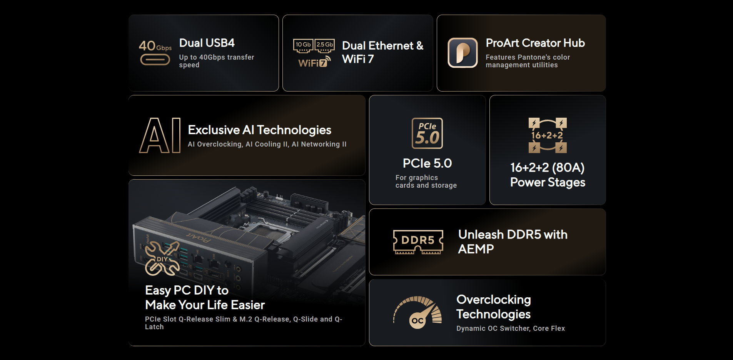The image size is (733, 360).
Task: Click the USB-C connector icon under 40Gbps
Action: (155, 60)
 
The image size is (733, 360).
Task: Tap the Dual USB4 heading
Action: (207, 43)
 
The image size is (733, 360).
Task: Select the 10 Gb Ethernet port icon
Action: (303, 46)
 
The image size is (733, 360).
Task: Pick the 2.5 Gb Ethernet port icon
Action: (325, 46)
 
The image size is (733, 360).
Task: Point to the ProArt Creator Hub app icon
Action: (463, 53)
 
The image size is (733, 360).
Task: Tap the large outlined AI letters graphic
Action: (160, 135)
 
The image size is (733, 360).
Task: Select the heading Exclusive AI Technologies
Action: (260, 130)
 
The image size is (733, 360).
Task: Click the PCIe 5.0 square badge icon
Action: (427, 133)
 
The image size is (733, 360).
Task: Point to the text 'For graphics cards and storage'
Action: (426, 182)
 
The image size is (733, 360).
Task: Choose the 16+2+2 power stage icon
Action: (548, 135)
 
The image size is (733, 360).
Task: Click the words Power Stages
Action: (548, 182)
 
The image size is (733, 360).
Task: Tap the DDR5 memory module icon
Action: (418, 242)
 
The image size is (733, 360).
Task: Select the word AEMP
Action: (476, 249)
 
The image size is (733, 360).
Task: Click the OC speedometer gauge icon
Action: (417, 312)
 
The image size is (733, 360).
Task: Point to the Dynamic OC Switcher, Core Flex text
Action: (511, 328)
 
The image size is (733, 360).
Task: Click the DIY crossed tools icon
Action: (162, 258)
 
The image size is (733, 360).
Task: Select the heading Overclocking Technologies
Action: (494, 307)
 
